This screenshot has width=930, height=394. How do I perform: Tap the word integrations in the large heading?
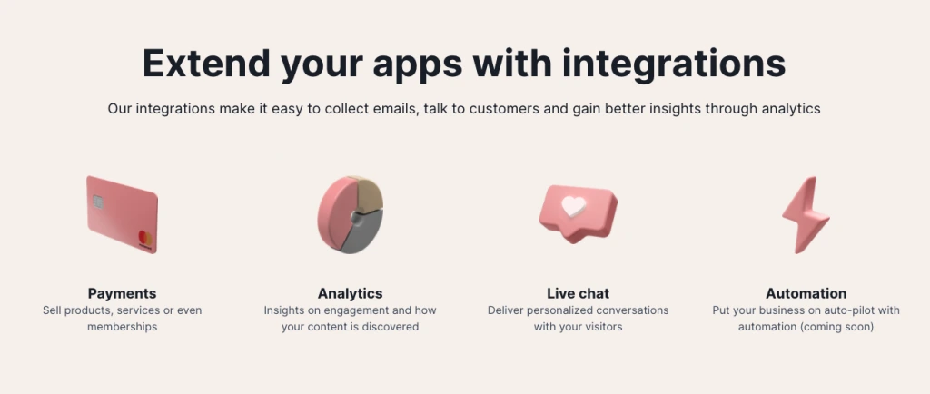click(674, 64)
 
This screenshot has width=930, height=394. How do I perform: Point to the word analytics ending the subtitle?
click(791, 109)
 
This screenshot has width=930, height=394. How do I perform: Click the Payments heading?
click(123, 293)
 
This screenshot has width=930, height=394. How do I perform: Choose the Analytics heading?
click(350, 293)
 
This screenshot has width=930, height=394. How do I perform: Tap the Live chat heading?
click(578, 293)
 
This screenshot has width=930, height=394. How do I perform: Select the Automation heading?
click(806, 293)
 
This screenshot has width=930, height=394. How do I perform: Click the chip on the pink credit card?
click(98, 202)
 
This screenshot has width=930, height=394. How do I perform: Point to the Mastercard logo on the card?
click(145, 239)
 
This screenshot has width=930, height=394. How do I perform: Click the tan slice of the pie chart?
click(370, 193)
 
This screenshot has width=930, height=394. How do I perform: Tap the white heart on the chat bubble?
click(574, 205)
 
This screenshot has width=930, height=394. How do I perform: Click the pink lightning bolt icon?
click(806, 214)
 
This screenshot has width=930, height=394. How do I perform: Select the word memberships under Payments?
click(123, 327)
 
